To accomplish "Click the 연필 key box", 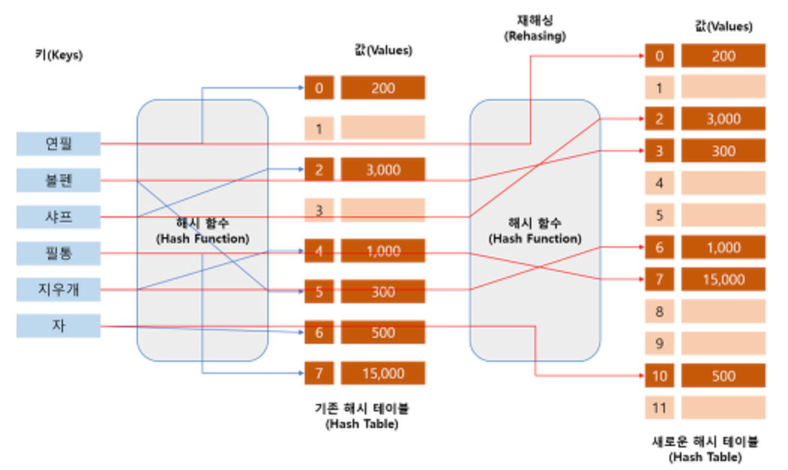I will pos(59,143).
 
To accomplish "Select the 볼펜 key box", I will pos(59,180).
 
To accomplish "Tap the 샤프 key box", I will pos(59,217).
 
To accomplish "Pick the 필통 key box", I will pos(59,253).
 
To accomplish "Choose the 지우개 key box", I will pos(59,289).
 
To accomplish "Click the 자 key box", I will pos(59,326).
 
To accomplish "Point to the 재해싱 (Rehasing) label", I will pos(534,29).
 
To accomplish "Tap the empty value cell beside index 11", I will pos(723,408).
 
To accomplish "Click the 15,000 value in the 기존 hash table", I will pos(383,373).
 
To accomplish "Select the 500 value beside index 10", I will pos(723,375).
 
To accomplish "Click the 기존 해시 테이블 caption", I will pos(362,416).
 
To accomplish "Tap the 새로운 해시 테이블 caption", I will pos(705,448).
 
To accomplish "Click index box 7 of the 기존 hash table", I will pos(319,373).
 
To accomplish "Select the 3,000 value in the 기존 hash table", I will pos(383,170).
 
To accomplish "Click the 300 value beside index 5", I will pos(383,291).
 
